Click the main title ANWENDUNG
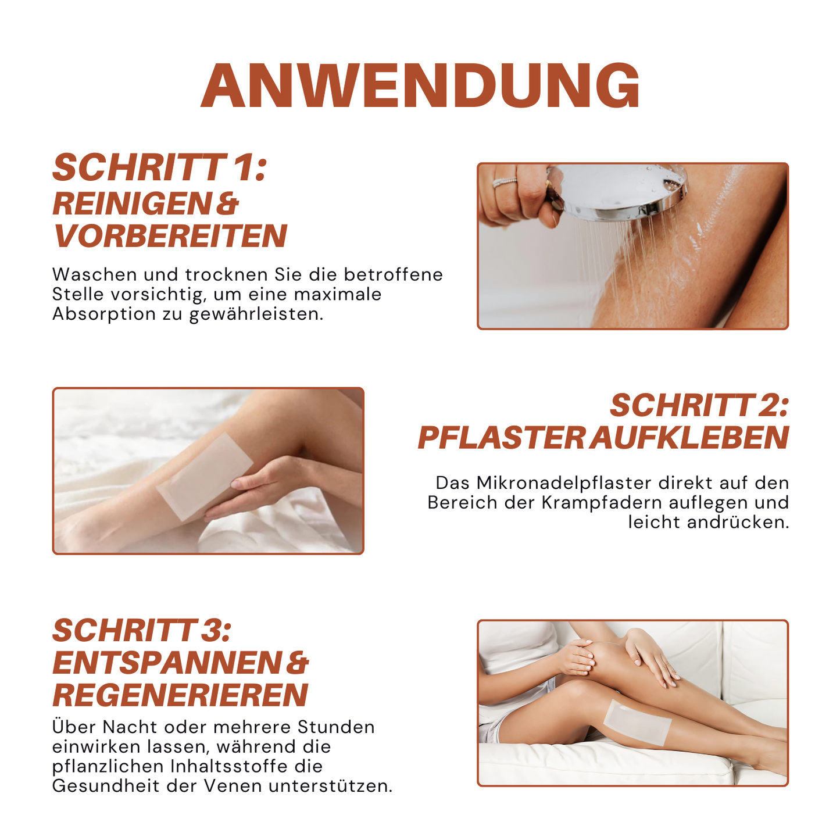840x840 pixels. (x=420, y=85)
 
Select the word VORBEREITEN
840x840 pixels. (x=170, y=236)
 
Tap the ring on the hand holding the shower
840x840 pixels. (x=505, y=183)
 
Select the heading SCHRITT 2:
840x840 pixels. (x=699, y=405)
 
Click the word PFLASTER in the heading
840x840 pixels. (x=501, y=438)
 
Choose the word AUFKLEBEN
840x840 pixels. (x=689, y=438)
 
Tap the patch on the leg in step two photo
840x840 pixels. (x=205, y=476)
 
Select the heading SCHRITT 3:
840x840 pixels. (x=142, y=630)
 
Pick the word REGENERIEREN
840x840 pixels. (x=180, y=695)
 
